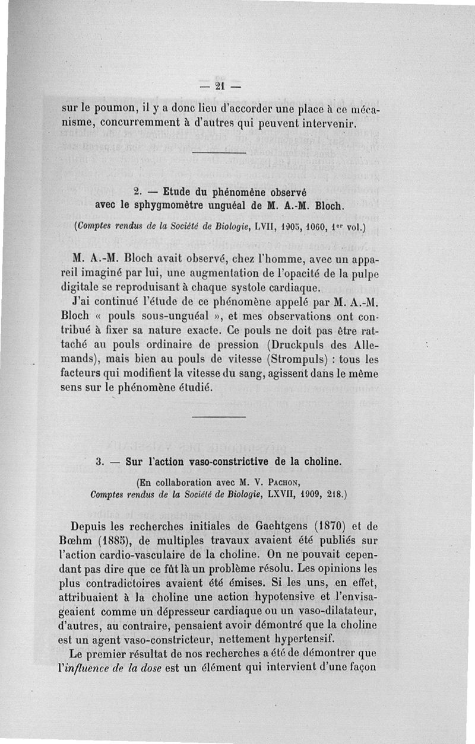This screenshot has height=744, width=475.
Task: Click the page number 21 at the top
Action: pyautogui.click(x=218, y=86)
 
